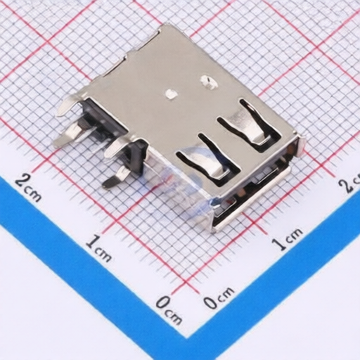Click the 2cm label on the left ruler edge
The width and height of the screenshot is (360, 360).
27,186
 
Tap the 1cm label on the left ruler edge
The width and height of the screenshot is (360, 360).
98,248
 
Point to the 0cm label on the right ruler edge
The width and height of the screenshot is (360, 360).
219,300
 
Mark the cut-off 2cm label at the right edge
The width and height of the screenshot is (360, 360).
349,184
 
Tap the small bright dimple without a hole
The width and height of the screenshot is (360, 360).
170,92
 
